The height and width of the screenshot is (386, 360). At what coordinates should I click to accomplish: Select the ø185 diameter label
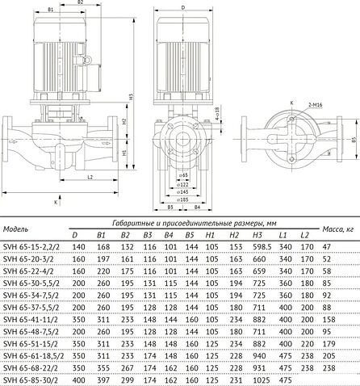pos(184,198)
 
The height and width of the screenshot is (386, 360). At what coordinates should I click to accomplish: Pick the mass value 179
pos(327,343)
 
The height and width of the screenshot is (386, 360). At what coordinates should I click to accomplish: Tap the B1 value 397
pos(103,380)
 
